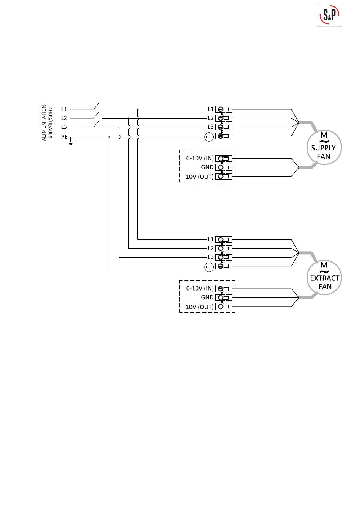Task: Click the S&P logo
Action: coord(329,15)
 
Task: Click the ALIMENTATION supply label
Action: coord(44,123)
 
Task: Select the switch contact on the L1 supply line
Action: coord(97,106)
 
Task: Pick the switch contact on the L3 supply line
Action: coord(97,124)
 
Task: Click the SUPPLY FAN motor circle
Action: coord(324,147)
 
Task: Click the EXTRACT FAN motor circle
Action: coord(324,277)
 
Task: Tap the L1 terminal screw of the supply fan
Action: coord(220,109)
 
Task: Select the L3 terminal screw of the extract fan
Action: coord(220,257)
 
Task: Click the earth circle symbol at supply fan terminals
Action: coord(209,137)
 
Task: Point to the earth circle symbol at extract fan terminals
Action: coord(209,267)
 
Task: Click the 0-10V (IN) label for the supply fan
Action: coord(200,158)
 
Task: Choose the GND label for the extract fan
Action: coord(207,297)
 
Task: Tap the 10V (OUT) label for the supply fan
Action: coord(200,177)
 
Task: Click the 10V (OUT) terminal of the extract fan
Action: coord(224,307)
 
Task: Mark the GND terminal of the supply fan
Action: coord(224,167)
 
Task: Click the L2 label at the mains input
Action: coord(64,118)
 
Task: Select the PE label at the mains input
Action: coord(64,137)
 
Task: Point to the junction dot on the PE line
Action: coord(109,137)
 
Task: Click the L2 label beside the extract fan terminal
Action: coord(211,248)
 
